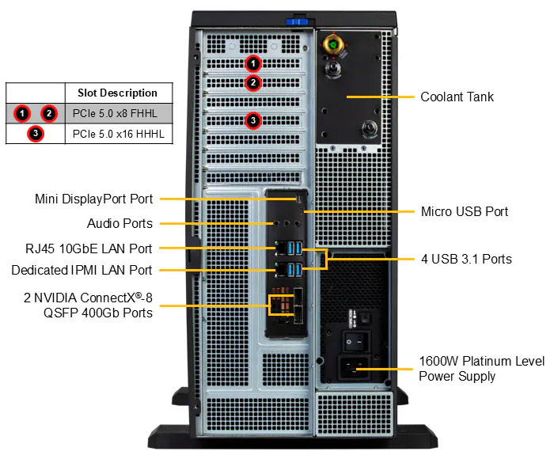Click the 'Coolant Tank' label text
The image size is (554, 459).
(457, 97)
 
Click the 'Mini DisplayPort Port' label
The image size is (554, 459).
(93, 199)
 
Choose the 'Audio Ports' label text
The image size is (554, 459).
(120, 223)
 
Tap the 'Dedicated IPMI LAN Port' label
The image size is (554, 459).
(82, 270)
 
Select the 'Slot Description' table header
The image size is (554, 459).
(117, 93)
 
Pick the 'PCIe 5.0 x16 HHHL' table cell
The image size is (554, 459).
(118, 134)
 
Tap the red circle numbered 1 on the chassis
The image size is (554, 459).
(252, 63)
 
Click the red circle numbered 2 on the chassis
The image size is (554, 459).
(252, 82)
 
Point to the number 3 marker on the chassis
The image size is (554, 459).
(252, 120)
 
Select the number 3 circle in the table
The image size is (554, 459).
(36, 134)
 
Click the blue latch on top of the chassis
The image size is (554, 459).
(297, 18)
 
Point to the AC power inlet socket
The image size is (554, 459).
(354, 369)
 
